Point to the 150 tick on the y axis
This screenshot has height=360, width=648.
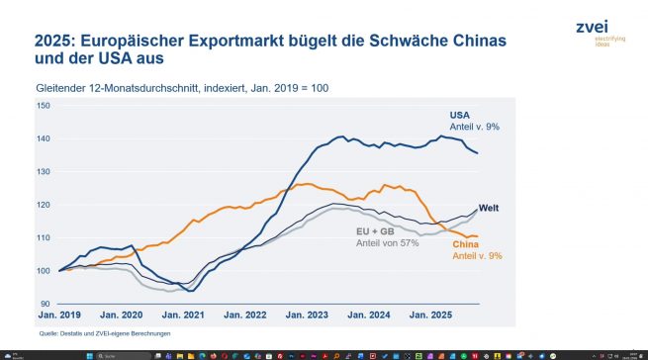(45, 105)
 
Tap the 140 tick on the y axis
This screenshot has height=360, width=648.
(45, 138)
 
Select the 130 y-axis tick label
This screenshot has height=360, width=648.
(45, 171)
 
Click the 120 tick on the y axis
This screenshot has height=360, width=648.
(45, 205)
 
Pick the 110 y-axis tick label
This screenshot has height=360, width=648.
(45, 237)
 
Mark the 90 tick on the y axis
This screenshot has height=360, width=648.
(45, 304)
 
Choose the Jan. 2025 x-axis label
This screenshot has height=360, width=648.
(430, 315)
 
